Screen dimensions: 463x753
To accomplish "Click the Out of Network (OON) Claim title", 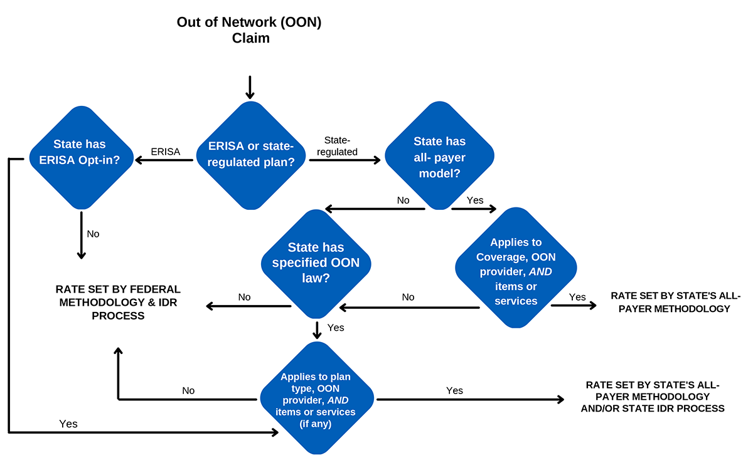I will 250,30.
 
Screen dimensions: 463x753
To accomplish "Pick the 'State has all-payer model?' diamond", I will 439,157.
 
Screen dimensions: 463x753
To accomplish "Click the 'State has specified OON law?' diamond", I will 316,263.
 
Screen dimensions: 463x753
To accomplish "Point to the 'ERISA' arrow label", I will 166,151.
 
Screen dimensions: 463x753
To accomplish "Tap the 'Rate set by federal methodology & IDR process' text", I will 118,303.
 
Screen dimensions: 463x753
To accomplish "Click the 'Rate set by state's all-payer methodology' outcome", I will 670,302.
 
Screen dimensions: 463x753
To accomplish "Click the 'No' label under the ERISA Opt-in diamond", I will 93,234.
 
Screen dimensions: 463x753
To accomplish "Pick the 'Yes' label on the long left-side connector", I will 68,424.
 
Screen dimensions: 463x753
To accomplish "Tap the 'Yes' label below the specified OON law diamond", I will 336,328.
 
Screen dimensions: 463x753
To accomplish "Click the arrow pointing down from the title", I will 250,87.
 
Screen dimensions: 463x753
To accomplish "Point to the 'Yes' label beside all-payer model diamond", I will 475,200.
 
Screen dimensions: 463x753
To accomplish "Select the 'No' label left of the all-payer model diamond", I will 403,200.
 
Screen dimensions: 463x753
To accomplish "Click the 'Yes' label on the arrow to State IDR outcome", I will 454,390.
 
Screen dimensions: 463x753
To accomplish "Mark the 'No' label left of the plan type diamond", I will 188,390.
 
